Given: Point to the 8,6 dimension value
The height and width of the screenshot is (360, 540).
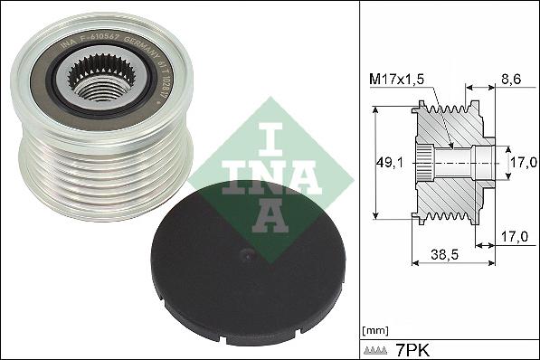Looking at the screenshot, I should click(510, 81).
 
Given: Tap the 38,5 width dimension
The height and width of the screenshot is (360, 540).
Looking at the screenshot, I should click(441, 256).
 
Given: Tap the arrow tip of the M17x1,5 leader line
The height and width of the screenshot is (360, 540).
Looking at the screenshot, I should click(450, 144).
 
